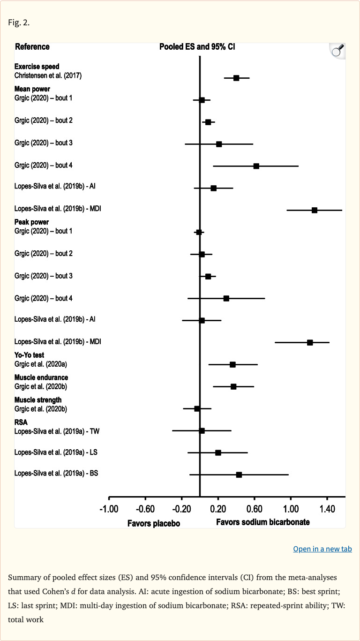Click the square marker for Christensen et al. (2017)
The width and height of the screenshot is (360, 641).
[236, 78]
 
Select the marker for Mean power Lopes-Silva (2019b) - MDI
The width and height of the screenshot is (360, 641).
[315, 210]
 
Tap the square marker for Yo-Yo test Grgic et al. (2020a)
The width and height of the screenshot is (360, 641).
[232, 364]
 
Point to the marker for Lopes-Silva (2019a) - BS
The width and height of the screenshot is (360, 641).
[239, 475]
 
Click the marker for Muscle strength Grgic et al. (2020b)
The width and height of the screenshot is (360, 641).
[197, 408]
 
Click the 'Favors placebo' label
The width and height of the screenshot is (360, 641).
[154, 523]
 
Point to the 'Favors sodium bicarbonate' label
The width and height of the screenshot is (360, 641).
[262, 522]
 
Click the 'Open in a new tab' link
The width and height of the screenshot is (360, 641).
[322, 549]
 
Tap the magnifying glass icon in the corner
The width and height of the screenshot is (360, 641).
[337, 50]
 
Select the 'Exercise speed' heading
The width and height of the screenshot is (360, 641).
[37, 67]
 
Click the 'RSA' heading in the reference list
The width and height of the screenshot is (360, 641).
[21, 422]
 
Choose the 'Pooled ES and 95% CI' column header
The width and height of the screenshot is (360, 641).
[197, 47]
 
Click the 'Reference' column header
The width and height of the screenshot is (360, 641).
[32, 47]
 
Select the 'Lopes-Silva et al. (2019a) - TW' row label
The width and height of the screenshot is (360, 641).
[57, 430]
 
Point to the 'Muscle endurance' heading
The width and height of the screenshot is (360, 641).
[41, 377]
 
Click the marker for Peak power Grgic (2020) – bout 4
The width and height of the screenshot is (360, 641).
[226, 298]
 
